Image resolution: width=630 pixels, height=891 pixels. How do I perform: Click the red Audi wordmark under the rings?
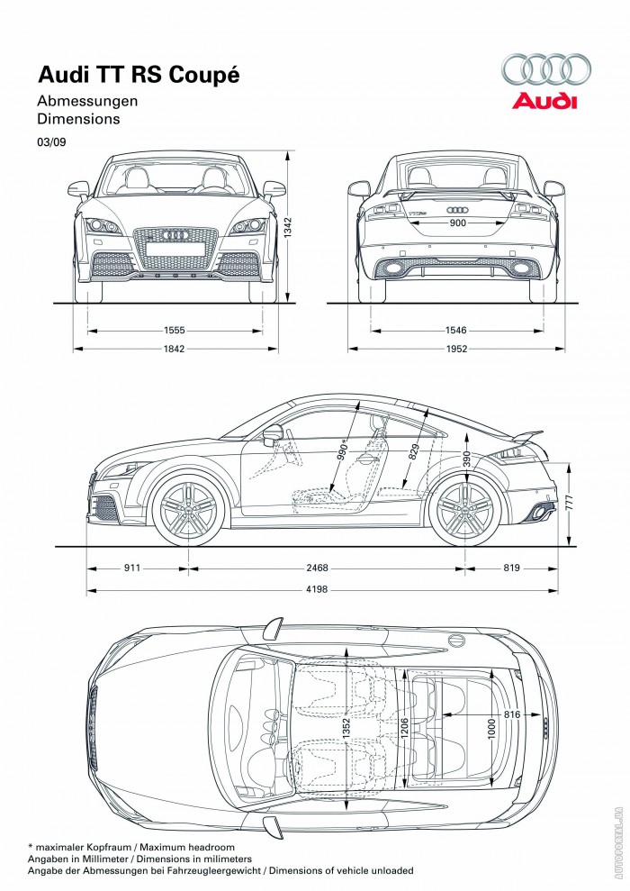tap(544, 101)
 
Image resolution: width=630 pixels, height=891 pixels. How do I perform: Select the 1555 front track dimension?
tap(175, 331)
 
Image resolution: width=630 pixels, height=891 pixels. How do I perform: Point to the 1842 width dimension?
tap(175, 349)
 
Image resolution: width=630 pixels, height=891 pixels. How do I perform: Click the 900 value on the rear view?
tap(457, 223)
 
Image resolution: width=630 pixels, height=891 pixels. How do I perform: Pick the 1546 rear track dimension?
tap(456, 331)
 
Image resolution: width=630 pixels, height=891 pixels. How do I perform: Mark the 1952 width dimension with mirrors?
tap(456, 349)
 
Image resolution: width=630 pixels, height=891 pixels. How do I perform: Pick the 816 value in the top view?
tap(511, 714)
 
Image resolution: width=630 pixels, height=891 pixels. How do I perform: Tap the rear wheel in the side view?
tap(464, 511)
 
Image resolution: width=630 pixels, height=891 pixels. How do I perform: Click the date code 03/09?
tap(50, 141)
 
